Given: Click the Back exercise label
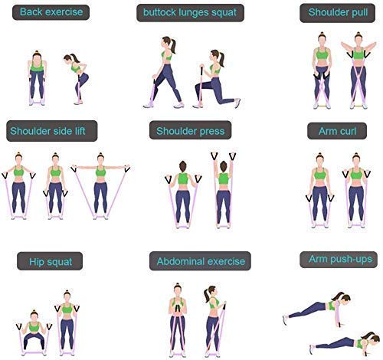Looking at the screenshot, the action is point(51,12).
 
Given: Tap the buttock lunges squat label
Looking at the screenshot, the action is point(190,12).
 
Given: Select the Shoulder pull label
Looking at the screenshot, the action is point(338,12).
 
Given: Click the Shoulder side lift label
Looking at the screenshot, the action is point(52,131).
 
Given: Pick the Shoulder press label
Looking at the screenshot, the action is point(191,131).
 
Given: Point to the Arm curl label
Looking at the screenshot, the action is point(337,131).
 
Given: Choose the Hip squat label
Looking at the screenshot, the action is point(50,261).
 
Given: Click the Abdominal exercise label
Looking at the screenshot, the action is point(200,261).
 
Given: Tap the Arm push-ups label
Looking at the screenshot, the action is point(339,260).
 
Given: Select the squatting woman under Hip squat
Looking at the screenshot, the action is point(34,332).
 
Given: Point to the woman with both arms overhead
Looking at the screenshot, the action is point(224,190).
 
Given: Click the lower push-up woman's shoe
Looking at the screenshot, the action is point(312,349).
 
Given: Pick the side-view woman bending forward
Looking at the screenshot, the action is point(77,79).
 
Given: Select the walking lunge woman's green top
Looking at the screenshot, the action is point(167,55).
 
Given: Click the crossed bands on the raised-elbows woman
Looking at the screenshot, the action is point(358,83).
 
